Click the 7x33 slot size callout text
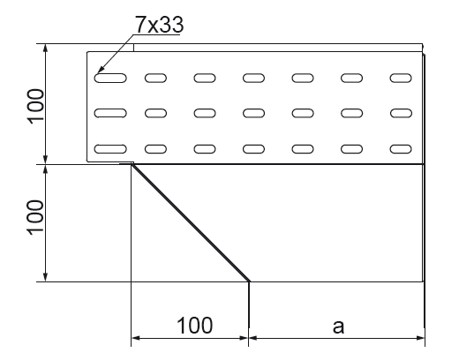coord(159,25)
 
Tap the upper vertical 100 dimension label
coord(35,106)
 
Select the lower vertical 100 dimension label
coord(35,218)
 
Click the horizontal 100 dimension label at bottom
coord(194,326)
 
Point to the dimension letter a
coord(338,326)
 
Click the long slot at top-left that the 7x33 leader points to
coord(110,79)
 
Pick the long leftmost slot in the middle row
coord(110,113)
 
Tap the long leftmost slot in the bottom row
coord(110,149)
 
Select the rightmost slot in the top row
coord(401,79)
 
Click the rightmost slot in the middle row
coord(401,113)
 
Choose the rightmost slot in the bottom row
coord(401,149)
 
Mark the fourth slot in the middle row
coord(253,113)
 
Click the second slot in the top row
coord(155,79)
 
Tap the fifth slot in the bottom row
coord(303,149)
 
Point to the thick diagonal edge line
coord(191,223)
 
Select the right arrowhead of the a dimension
coord(421,338)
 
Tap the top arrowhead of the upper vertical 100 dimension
coord(45,48)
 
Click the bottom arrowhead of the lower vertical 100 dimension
coord(45,277)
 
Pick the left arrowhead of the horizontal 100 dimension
coord(135,338)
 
